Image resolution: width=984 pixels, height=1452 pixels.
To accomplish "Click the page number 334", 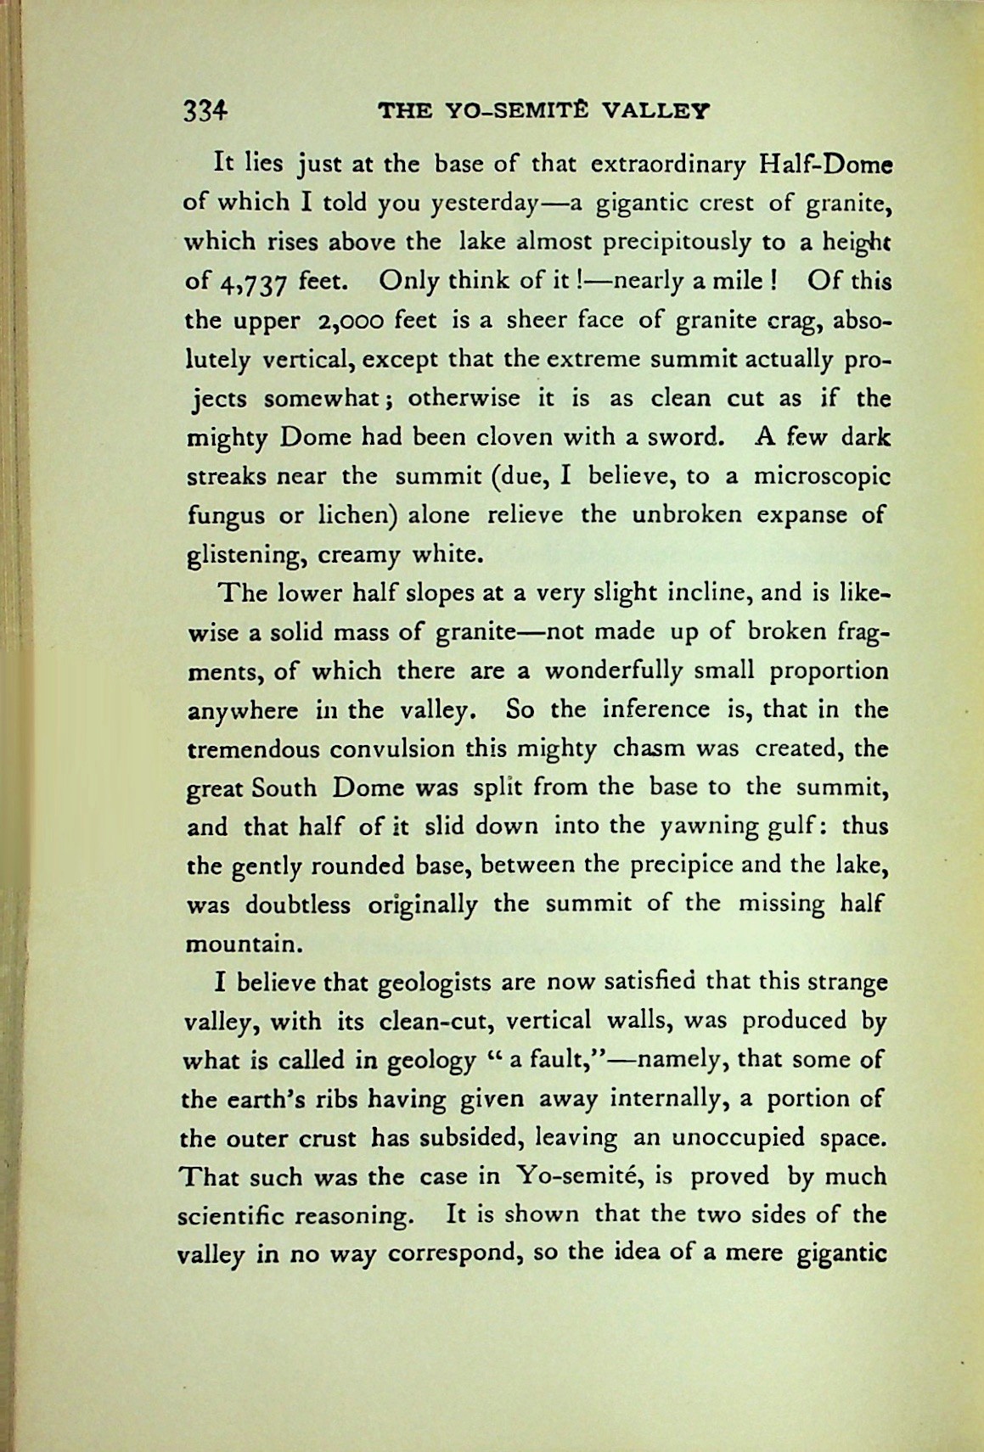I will [206, 111].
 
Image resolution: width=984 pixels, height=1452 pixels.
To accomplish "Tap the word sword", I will [683, 438].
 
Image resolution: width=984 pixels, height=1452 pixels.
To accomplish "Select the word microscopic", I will [820, 477].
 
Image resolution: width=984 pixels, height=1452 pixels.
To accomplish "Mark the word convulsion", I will [390, 750].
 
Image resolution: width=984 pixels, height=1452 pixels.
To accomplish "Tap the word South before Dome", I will [284, 789].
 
